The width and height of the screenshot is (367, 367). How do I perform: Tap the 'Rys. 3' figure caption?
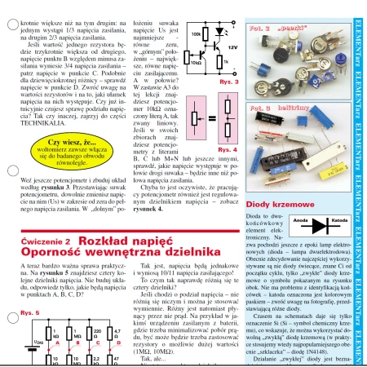(x=228, y=82)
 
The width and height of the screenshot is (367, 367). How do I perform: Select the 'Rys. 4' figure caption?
(x=228, y=150)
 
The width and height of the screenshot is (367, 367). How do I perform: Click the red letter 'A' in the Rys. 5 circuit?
(x=52, y=321)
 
